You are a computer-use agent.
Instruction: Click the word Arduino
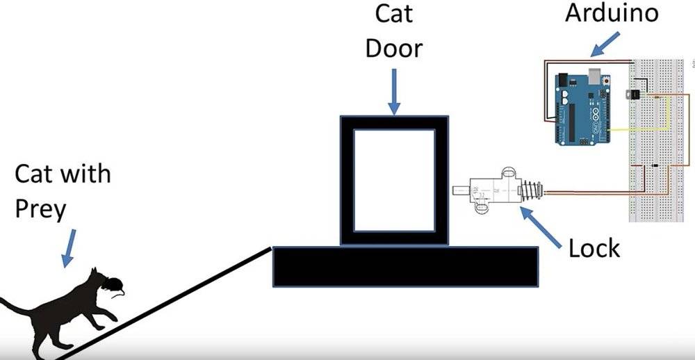pyautogui.click(x=611, y=13)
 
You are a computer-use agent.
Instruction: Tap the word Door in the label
pyautogui.click(x=393, y=48)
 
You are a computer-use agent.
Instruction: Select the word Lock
pyautogui.click(x=594, y=249)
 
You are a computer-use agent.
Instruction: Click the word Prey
pyautogui.click(x=40, y=209)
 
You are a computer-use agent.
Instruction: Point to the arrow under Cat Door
pyautogui.click(x=393, y=91)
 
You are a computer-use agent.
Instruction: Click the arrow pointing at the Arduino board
pyautogui.click(x=605, y=44)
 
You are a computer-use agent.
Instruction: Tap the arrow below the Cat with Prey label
pyautogui.click(x=69, y=248)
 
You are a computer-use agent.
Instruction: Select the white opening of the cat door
pyautogui.click(x=394, y=180)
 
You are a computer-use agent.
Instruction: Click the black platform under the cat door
pyautogui.click(x=405, y=266)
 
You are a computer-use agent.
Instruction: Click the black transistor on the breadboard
pyautogui.click(x=632, y=94)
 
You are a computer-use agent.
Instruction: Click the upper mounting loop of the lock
pyautogui.click(x=508, y=172)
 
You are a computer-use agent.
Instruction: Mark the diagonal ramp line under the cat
pyautogui.click(x=164, y=304)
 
